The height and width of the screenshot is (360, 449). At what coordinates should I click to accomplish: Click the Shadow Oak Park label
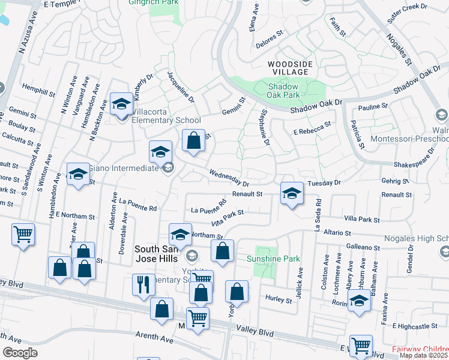click(x=284, y=90)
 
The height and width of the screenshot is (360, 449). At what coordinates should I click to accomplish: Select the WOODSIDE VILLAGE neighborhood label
click(x=288, y=67)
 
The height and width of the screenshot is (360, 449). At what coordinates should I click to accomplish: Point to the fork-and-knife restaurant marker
click(x=143, y=284)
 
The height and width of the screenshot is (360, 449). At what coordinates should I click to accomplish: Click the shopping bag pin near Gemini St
click(x=193, y=142)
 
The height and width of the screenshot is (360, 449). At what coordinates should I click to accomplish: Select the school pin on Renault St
click(x=291, y=193)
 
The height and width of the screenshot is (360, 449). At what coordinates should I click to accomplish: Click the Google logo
click(x=20, y=353)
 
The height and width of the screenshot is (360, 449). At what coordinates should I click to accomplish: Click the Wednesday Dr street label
click(x=229, y=177)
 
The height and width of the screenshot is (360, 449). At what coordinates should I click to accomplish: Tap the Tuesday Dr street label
click(x=324, y=182)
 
